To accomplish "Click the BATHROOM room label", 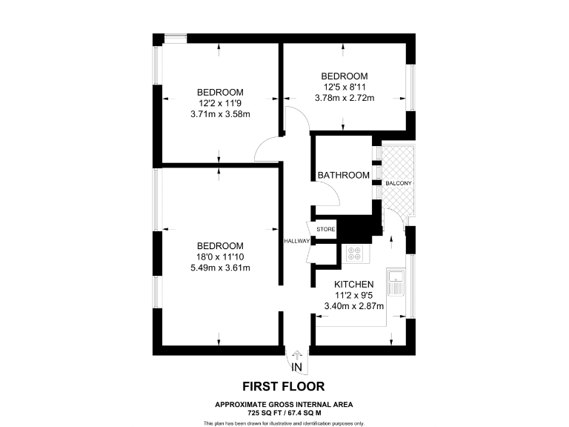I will [343, 175].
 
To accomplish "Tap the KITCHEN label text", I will [353, 285].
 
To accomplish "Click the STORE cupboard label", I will [326, 230].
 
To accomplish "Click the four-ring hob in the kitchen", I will [354, 254].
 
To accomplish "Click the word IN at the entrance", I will [296, 367].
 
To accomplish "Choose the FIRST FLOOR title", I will [284, 386].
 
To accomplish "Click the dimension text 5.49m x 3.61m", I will [219, 268].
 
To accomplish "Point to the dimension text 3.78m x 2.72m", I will [344, 98].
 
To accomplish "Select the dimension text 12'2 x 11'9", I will [219, 103].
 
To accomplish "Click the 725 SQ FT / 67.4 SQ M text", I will [284, 412].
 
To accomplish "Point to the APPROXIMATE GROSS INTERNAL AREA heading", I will [284, 404].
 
